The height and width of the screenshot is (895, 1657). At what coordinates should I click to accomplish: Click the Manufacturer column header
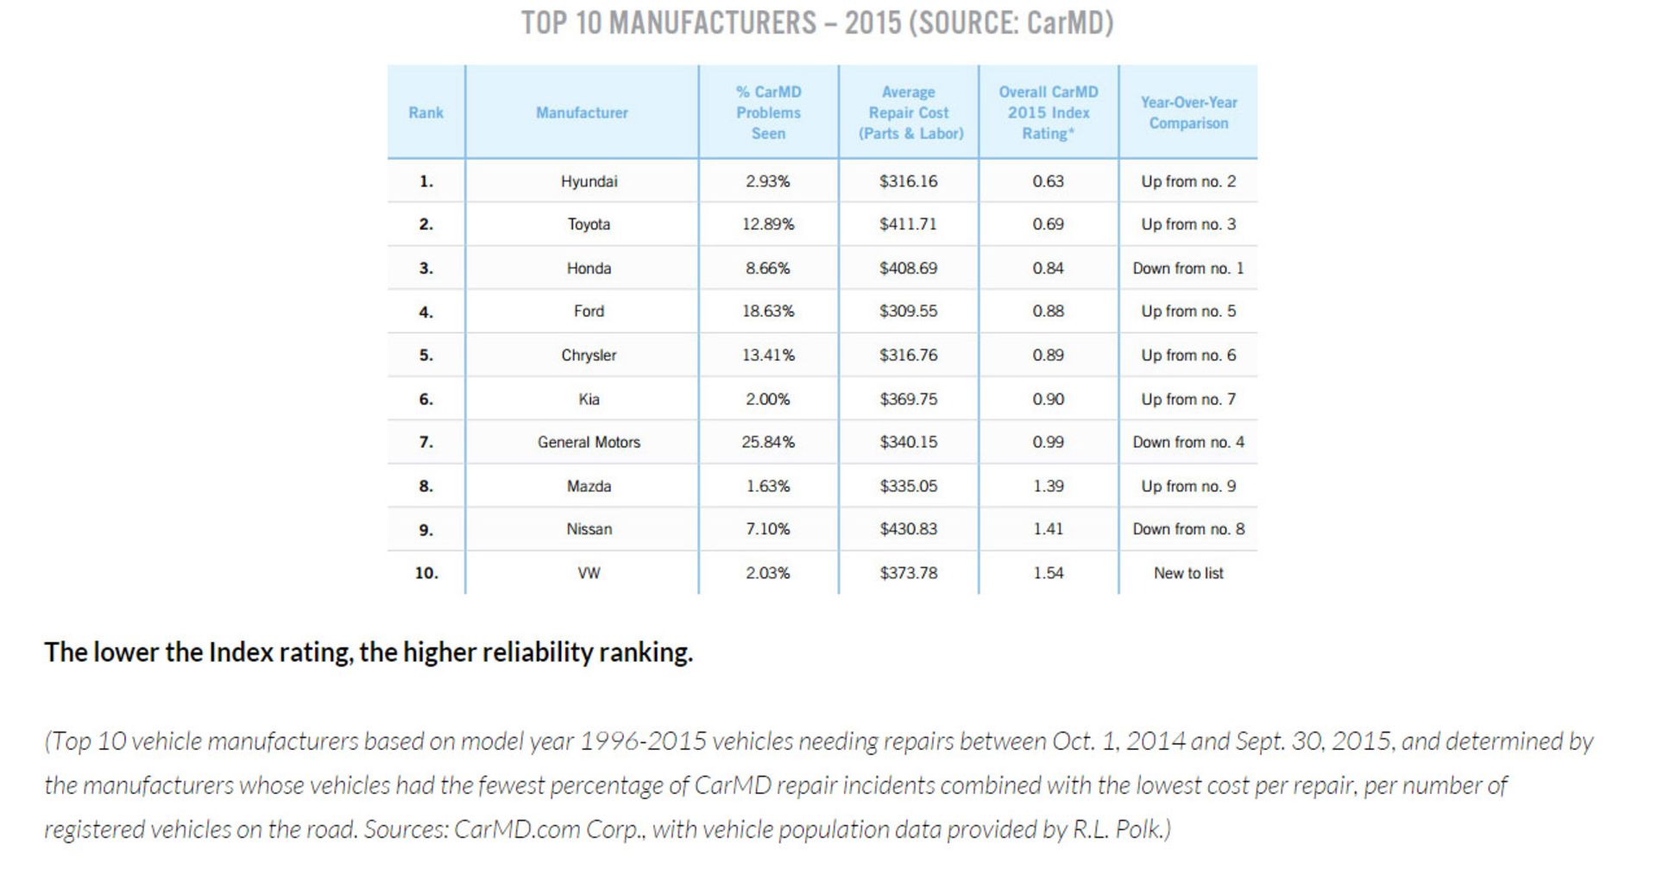582,112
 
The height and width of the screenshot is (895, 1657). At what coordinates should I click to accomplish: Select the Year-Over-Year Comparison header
1188,112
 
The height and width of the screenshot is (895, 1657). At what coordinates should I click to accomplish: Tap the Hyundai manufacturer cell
589,181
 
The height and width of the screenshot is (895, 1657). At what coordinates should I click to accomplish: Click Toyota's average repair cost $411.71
908,224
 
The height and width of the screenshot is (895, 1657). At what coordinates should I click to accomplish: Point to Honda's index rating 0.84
1048,268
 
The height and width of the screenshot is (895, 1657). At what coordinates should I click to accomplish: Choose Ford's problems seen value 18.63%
768,312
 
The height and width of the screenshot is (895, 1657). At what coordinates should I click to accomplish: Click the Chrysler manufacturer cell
589,356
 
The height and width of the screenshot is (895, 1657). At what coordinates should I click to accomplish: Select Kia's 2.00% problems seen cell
768,399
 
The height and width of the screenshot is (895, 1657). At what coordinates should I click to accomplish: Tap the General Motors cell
589,442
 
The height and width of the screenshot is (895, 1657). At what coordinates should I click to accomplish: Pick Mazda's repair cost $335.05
908,486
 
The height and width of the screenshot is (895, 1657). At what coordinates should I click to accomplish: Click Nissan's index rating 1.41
1048,529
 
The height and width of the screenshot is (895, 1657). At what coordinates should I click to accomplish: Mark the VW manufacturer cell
589,573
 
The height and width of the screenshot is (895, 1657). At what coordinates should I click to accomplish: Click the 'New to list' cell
1188,573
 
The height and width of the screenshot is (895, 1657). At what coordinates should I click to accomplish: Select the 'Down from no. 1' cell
1188,268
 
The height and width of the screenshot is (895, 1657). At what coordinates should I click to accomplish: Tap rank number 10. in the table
426,573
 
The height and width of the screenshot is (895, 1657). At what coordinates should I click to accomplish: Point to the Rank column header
425,112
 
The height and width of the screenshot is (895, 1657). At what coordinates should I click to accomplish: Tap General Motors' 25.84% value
768,442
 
